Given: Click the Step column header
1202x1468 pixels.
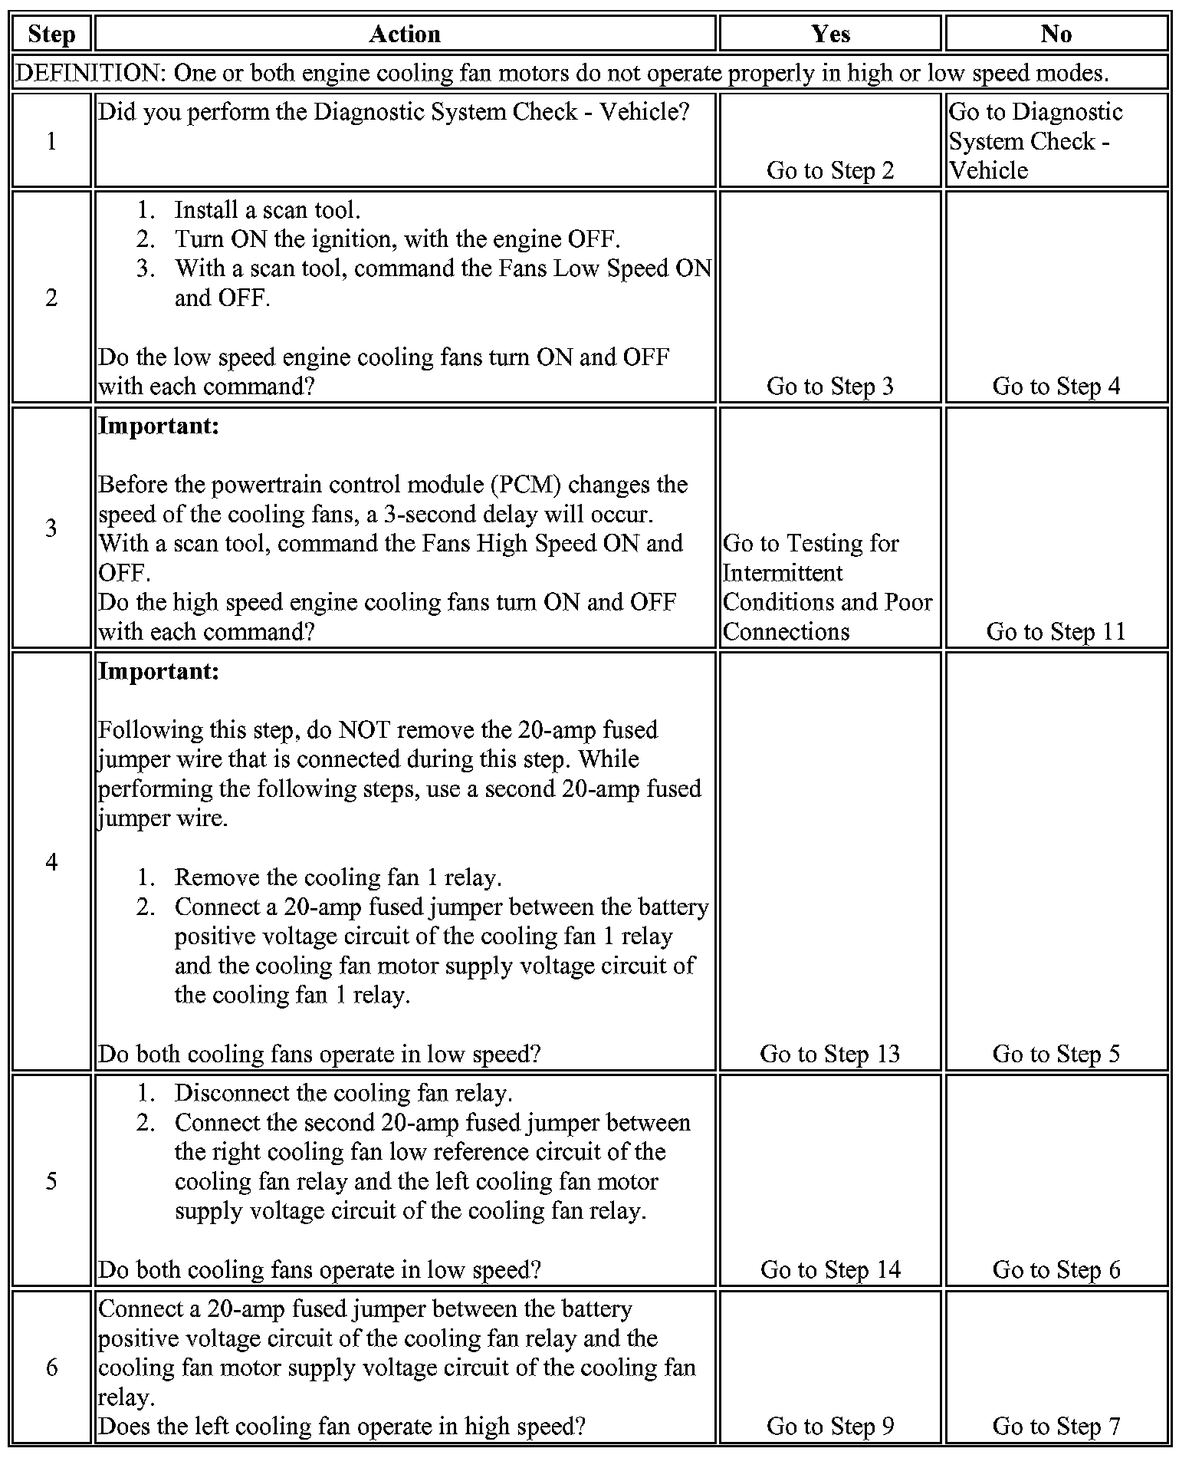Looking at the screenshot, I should (51, 35).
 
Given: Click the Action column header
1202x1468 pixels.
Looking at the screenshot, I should (405, 35).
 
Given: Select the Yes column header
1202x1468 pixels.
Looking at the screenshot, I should (830, 35).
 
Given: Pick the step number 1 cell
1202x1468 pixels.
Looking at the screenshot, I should (51, 141).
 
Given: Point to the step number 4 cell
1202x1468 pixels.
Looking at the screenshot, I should (51, 861).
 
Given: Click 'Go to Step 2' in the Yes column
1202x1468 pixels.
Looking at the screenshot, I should (830, 170).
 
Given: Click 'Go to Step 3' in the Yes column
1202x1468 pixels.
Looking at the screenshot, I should (830, 386).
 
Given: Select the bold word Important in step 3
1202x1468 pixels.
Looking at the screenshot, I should (159, 426).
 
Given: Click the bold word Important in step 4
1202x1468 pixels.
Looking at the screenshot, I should (159, 672).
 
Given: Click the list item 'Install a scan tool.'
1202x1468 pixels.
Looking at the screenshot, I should (267, 210).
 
